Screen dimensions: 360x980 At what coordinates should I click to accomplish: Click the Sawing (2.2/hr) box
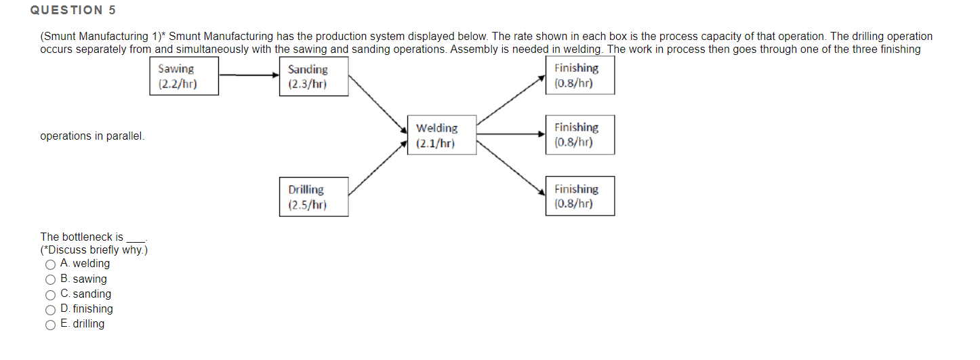184,76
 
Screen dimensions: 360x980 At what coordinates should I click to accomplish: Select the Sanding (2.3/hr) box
313,77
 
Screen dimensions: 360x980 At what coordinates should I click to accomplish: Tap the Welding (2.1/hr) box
441,136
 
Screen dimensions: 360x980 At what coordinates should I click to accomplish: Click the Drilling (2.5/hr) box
313,197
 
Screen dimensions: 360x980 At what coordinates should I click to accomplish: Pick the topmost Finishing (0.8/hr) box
579,75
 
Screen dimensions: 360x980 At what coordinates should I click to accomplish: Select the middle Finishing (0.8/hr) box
579,135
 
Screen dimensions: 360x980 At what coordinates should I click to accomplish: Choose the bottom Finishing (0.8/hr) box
579,197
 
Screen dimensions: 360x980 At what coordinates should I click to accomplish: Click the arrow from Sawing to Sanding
248,75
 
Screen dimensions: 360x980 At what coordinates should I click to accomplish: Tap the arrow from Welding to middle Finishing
510,134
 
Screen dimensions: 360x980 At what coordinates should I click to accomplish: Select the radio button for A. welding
50,264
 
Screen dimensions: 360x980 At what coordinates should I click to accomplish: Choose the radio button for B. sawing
50,279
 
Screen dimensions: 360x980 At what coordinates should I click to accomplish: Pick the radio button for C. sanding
50,294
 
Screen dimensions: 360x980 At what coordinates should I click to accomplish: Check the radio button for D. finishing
50,309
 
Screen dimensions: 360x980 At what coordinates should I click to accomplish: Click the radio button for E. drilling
50,324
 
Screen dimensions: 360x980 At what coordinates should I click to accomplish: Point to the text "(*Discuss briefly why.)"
94,250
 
